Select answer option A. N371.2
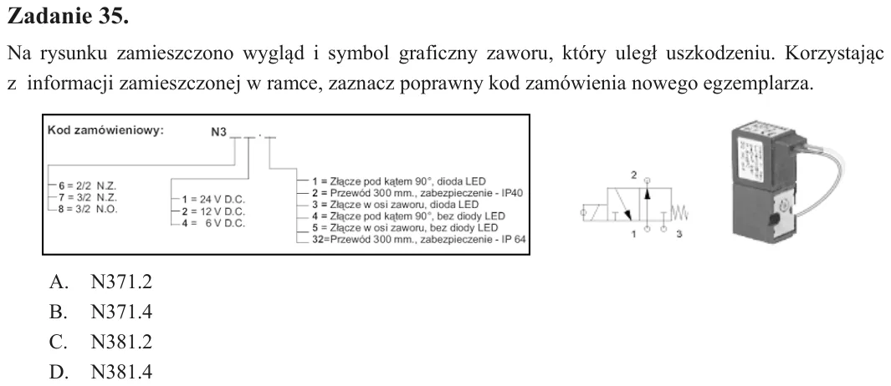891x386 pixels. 100,282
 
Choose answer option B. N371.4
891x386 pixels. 100,312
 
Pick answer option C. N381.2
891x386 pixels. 100,343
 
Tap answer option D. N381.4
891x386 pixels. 100,373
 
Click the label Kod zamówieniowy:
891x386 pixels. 105,130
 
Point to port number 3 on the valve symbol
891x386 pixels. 679,235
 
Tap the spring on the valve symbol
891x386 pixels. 680,214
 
